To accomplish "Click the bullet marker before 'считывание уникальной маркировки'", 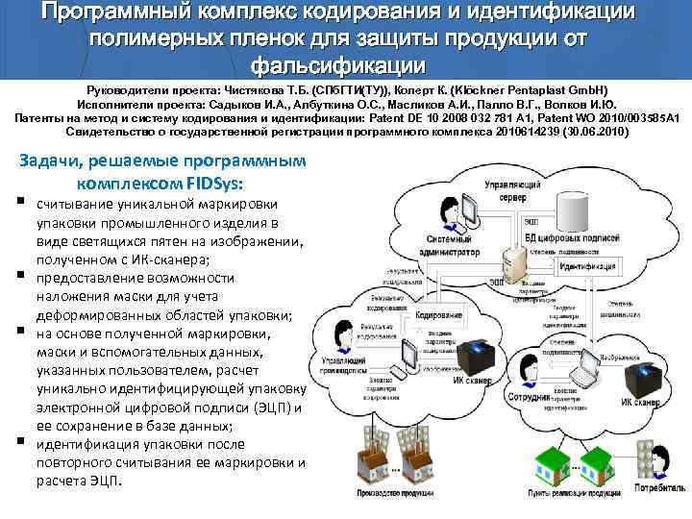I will coord(19,203).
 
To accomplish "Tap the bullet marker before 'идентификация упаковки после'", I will coord(19,442).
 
